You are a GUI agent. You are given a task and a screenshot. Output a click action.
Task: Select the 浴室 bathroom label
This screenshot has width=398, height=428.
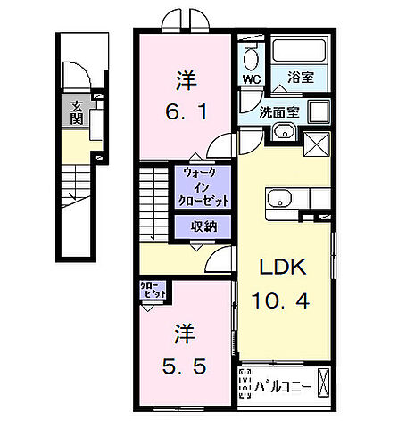point(301,78)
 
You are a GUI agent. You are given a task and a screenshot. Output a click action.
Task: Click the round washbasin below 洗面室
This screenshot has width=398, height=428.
point(283,132)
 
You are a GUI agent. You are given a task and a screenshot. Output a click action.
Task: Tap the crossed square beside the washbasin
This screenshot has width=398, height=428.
point(316,143)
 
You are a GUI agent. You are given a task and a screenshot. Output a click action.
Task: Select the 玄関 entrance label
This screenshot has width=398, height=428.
point(78,113)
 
